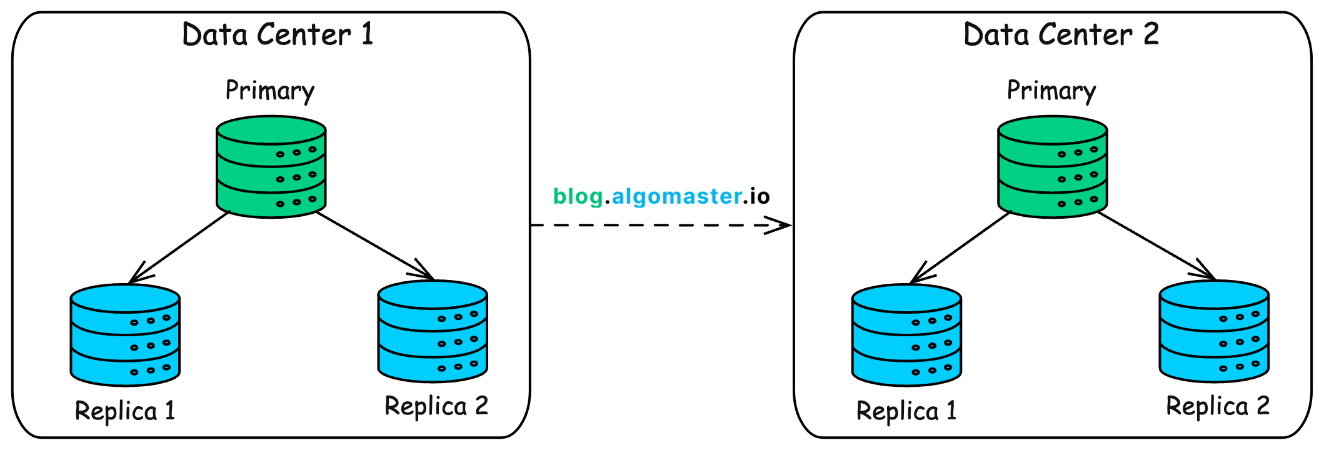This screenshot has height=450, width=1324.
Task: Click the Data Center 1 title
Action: pyautogui.click(x=278, y=35)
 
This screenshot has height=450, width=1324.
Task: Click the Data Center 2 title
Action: pyautogui.click(x=1061, y=35)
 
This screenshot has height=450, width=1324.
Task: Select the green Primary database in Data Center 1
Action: pyautogui.click(x=271, y=167)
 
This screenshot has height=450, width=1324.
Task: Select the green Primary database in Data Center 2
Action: pyautogui.click(x=1053, y=167)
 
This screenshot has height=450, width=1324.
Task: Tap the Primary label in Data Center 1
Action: pyautogui.click(x=270, y=91)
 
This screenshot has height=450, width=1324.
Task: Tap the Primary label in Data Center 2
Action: pyautogui.click(x=1051, y=91)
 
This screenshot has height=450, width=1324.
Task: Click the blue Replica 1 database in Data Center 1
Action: pyautogui.click(x=125, y=335)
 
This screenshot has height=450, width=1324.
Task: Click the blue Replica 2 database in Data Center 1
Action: pyautogui.click(x=433, y=331)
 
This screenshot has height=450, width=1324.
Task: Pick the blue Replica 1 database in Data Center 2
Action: pyautogui.click(x=906, y=335)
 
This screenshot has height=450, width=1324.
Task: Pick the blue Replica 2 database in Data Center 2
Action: pyautogui.click(x=1214, y=331)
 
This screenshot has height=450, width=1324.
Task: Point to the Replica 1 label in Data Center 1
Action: pyautogui.click(x=125, y=411)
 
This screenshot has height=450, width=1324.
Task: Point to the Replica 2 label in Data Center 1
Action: pyautogui.click(x=436, y=406)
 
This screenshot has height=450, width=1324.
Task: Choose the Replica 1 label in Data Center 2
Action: pyautogui.click(x=906, y=411)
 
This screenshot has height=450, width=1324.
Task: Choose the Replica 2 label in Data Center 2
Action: pyautogui.click(x=1218, y=406)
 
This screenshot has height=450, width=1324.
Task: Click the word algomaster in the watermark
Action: pyautogui.click(x=676, y=196)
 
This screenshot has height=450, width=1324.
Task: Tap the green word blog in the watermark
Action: pyautogui.click(x=578, y=196)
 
